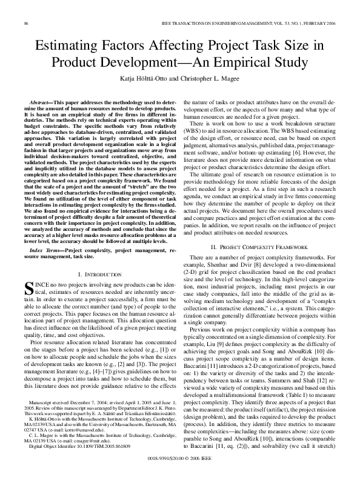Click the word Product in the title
coord(81,62)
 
